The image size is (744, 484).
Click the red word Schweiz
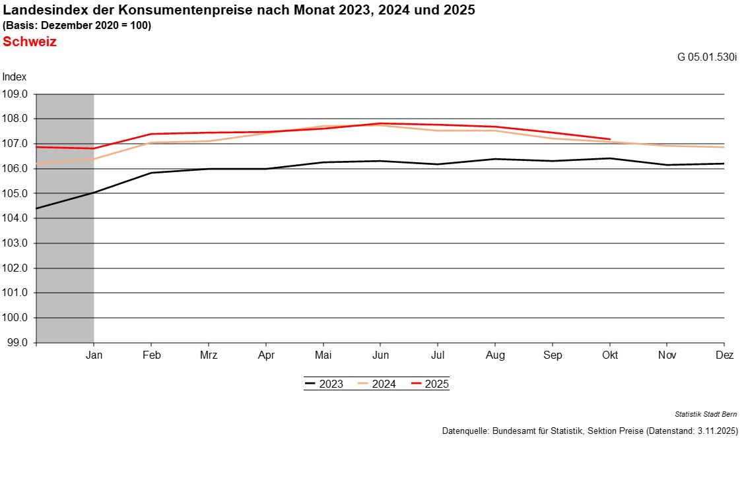pyautogui.click(x=30, y=42)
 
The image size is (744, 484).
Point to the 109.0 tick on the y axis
pyautogui.click(x=16, y=94)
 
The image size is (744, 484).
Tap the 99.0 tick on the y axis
pyautogui.click(x=16, y=343)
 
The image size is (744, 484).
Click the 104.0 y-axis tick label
pyautogui.click(x=16, y=218)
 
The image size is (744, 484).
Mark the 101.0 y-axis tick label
pyautogui.click(x=16, y=293)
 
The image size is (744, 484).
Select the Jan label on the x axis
pyautogui.click(x=94, y=355)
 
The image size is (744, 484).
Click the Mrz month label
pyautogui.click(x=209, y=355)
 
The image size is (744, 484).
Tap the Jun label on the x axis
pyautogui.click(x=380, y=355)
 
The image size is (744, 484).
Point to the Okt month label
pyautogui.click(x=610, y=355)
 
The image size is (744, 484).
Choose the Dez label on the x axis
pyautogui.click(x=724, y=355)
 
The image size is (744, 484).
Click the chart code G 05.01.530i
pyautogui.click(x=706, y=57)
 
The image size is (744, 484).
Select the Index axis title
pyautogui.click(x=14, y=77)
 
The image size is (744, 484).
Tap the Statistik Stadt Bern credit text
pyautogui.click(x=706, y=414)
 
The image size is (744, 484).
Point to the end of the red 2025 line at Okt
pyautogui.click(x=610, y=139)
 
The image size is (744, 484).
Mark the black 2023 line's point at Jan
pyautogui.click(x=94, y=193)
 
